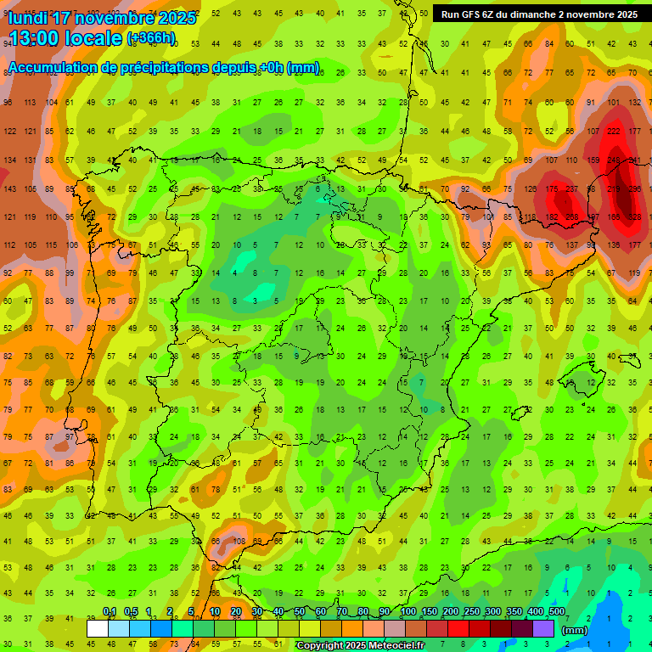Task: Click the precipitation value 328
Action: click(x=634, y=217)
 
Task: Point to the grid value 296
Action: click(x=634, y=189)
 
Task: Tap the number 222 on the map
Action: click(x=614, y=131)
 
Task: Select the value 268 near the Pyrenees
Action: click(x=572, y=217)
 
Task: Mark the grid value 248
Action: click(x=614, y=160)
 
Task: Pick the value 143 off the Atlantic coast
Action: click(x=11, y=189)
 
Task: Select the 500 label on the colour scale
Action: click(x=557, y=611)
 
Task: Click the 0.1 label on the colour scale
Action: click(x=110, y=611)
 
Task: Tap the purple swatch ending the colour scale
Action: click(x=543, y=628)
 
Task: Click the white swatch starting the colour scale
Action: click(x=97, y=628)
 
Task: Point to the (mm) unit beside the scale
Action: click(x=575, y=630)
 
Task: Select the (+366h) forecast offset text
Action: click(x=151, y=38)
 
